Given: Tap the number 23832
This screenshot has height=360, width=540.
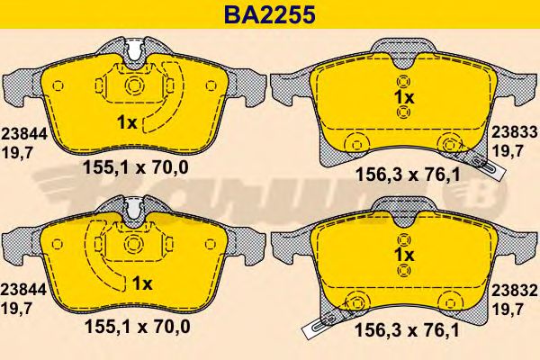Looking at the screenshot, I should click(x=515, y=292).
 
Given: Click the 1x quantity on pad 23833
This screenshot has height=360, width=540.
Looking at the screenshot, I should click(x=403, y=96).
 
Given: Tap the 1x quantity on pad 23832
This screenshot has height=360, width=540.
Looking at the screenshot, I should click(x=403, y=255).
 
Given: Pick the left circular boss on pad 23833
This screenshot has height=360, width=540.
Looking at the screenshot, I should click(x=354, y=143).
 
